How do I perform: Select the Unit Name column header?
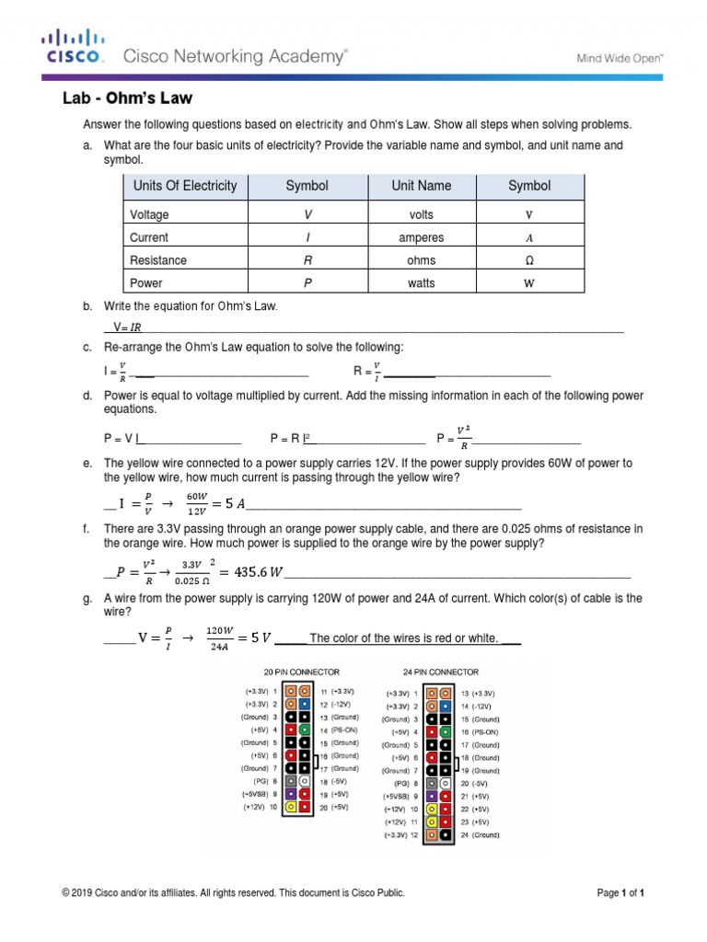point(421,186)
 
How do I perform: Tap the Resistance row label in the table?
point(158,260)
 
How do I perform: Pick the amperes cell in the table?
point(421,237)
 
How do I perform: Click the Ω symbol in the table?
point(528,260)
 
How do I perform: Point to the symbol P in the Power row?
point(307,283)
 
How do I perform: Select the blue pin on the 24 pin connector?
point(446,706)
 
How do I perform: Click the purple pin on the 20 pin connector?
point(291,793)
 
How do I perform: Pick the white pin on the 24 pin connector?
point(446,783)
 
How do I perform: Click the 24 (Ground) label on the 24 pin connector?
point(480,834)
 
